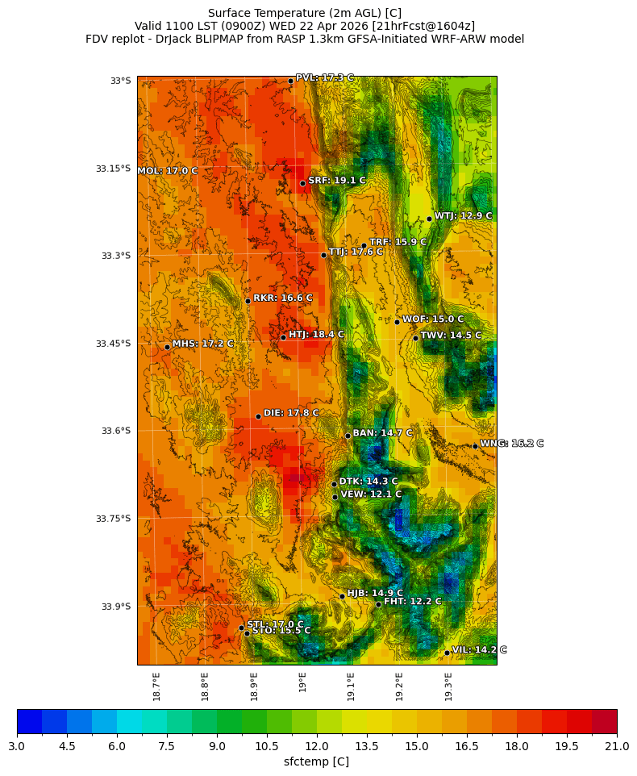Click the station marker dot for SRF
[303, 183]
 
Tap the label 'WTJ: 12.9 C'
[463, 216]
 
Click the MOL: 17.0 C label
[167, 171]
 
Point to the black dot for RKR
[248, 301]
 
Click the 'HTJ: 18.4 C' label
[316, 334]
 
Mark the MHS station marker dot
[167, 347]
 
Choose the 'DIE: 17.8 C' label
[291, 413]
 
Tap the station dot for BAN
[348, 436]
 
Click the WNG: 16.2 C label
[511, 444]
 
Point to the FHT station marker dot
[378, 604]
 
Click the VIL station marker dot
[447, 653]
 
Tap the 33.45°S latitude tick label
[113, 344]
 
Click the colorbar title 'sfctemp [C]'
[317, 761]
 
